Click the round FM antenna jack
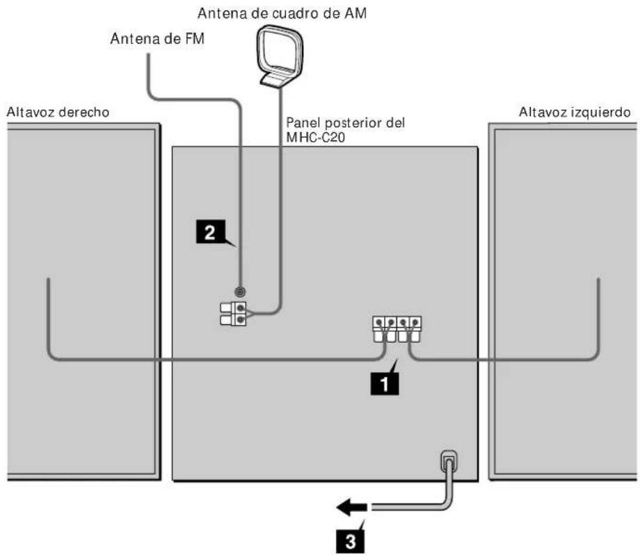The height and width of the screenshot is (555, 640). click(240, 293)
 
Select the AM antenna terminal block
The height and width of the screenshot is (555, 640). click(234, 314)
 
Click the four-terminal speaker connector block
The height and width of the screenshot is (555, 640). click(397, 328)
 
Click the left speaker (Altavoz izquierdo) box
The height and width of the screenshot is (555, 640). click(563, 303)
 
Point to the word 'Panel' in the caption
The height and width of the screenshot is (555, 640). click(302, 122)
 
